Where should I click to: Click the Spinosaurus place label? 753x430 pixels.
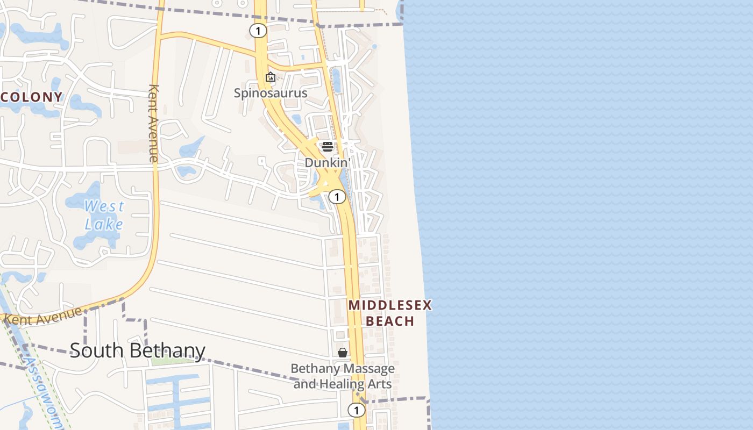tap(271, 93)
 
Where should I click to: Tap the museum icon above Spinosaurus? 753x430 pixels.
tap(271, 77)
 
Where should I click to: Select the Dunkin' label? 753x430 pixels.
tap(327, 162)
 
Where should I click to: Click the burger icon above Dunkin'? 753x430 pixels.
tap(328, 147)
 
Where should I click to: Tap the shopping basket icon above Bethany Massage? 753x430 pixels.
tap(343, 353)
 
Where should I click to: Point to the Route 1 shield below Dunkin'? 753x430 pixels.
tap(337, 197)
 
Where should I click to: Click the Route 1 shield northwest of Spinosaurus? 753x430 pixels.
tap(258, 31)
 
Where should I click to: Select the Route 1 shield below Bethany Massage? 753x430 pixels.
tap(356, 410)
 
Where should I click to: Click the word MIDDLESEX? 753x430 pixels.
tap(390, 306)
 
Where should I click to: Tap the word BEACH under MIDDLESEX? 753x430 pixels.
tap(390, 321)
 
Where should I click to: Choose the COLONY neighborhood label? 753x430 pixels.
tap(32, 97)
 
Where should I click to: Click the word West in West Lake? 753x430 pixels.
tap(104, 206)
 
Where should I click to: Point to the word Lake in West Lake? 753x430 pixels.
tap(104, 224)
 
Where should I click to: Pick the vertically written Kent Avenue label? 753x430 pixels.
tap(153, 123)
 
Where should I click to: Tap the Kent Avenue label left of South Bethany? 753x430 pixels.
tap(43, 316)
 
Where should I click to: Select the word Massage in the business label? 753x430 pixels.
tap(368, 369)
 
